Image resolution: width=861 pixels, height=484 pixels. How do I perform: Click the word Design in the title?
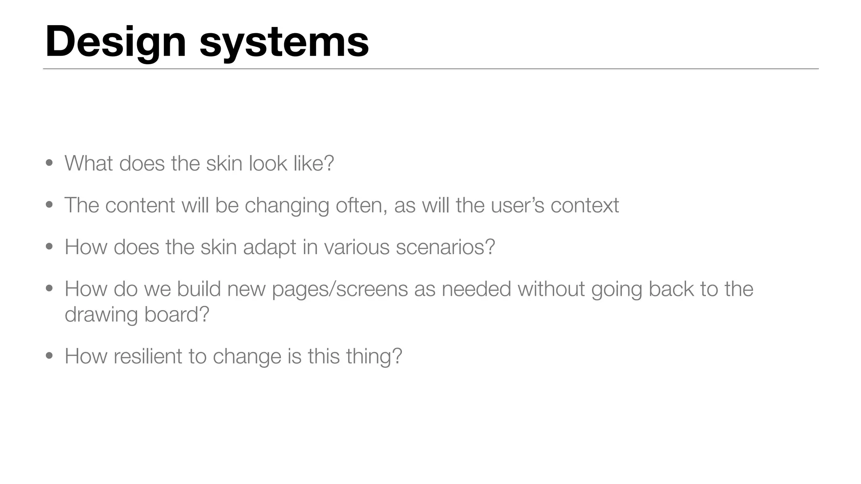(116, 42)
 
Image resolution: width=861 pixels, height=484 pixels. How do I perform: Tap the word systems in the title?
(284, 42)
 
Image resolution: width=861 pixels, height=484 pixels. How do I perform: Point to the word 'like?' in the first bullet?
(314, 163)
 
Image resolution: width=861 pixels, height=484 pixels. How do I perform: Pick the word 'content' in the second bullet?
(140, 205)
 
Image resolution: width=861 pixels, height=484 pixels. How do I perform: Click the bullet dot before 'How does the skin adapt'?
(49, 246)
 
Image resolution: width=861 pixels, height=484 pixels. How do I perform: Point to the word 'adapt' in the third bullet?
(269, 247)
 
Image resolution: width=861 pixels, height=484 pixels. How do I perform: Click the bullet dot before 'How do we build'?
(49, 288)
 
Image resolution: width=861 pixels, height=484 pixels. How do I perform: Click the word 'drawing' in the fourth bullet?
(101, 314)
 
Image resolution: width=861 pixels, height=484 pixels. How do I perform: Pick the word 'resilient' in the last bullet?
(148, 356)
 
